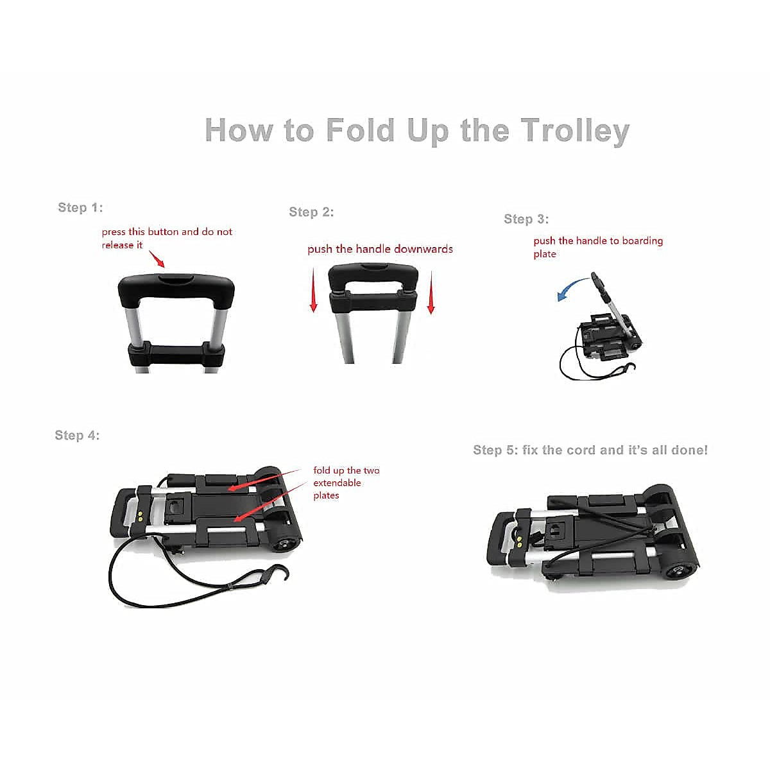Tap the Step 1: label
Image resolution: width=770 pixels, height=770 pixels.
tap(80, 207)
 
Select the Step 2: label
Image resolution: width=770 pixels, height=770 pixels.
tap(311, 212)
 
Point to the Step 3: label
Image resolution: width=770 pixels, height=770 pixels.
tap(526, 219)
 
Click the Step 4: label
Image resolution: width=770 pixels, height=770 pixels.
tap(77, 435)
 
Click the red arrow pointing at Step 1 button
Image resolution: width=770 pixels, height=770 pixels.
tap(157, 259)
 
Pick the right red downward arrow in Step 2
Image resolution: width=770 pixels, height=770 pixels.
tap(431, 293)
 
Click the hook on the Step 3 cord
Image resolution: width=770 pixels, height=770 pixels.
tap(631, 370)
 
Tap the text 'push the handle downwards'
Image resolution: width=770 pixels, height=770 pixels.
tap(380, 249)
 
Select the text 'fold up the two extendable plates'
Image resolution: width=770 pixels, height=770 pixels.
tap(346, 483)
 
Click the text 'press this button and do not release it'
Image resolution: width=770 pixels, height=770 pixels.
tap(167, 238)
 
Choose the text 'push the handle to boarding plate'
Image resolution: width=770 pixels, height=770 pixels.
tap(598, 247)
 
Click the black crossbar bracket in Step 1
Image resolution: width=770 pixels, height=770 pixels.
tap(176, 354)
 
